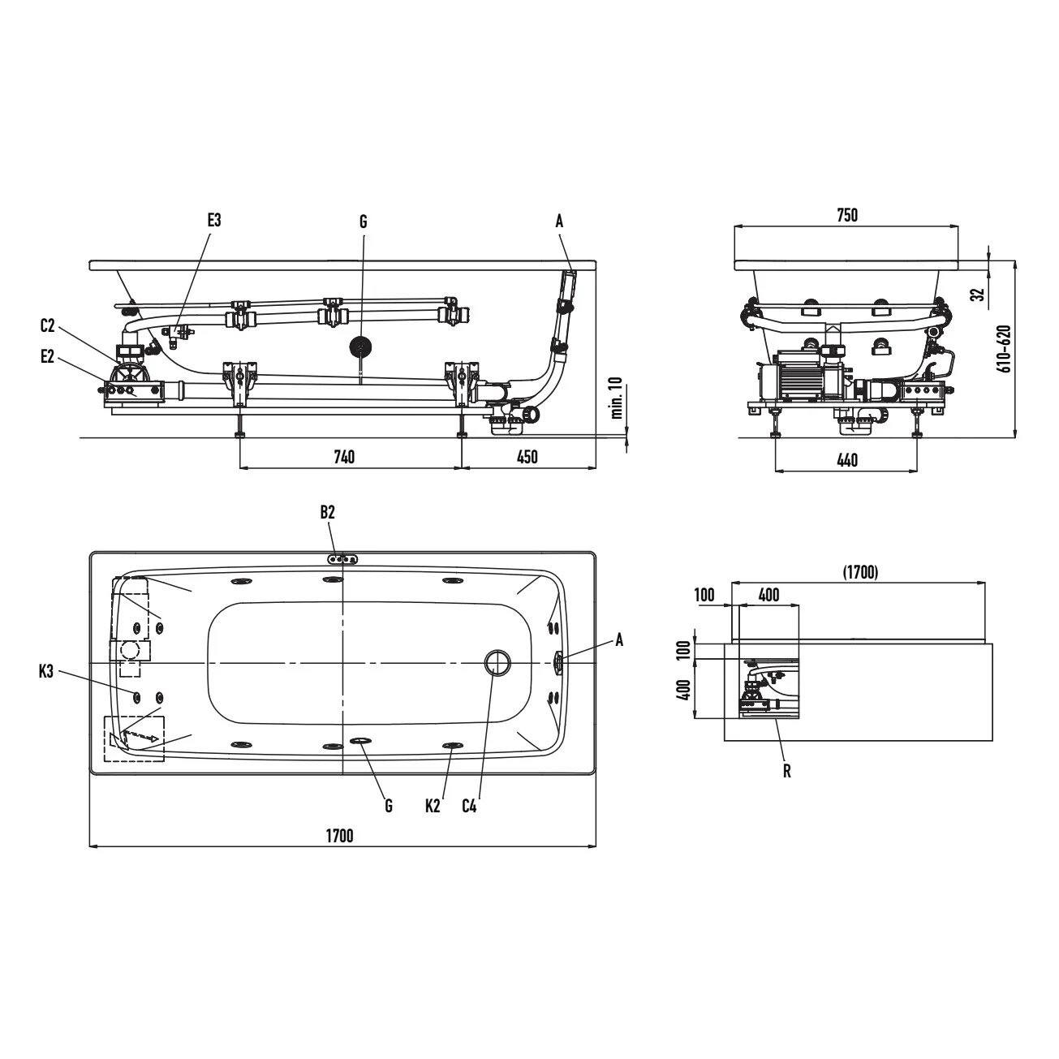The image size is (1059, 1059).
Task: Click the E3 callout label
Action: [213, 221]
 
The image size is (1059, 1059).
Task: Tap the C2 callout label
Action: [48, 326]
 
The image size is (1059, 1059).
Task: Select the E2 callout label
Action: [48, 357]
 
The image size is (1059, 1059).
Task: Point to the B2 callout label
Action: [328, 512]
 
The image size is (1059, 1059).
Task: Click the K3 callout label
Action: [46, 672]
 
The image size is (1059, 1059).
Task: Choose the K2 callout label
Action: [433, 806]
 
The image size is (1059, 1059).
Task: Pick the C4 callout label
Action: [469, 806]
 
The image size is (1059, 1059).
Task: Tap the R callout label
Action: [787, 772]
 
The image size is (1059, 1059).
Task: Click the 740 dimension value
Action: [345, 457]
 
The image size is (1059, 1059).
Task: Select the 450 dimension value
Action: [527, 457]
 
